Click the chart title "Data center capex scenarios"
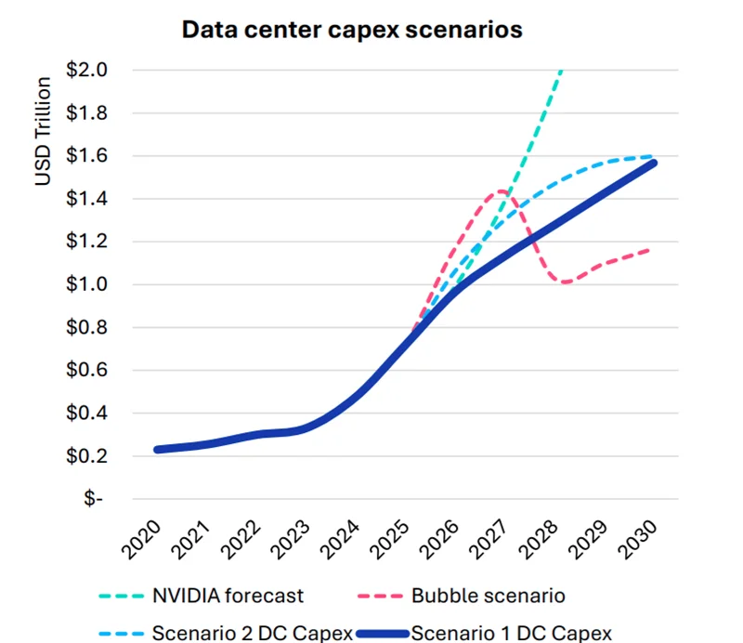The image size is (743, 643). tap(352, 30)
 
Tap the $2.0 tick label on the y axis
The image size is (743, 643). tap(87, 70)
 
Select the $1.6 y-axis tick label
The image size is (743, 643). tap(87, 155)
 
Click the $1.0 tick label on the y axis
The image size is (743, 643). tap(87, 284)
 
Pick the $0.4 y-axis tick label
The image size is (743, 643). tap(87, 413)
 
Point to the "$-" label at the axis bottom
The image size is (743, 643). tap(94, 499)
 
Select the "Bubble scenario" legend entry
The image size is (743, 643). tap(489, 595)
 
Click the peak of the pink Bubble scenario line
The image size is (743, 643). tap(502, 191)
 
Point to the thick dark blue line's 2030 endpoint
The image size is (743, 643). tap(653, 164)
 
